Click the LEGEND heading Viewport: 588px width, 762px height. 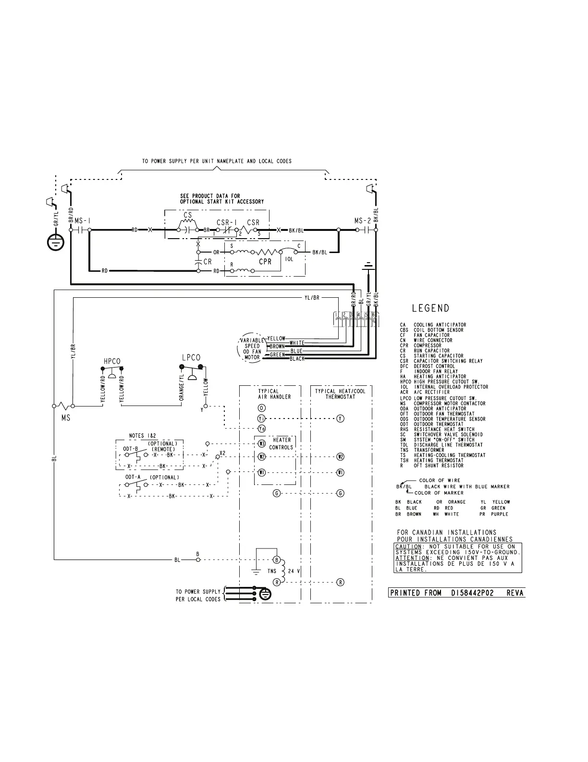coord(430,308)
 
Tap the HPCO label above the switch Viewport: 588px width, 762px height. coord(112,361)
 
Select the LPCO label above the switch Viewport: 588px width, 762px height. coord(191,357)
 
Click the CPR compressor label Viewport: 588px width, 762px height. coord(265,262)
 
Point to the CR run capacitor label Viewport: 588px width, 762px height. coord(208,262)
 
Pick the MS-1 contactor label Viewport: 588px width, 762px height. coord(82,220)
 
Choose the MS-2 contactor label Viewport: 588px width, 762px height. coord(363,220)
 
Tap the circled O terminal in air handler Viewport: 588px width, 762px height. coord(262,408)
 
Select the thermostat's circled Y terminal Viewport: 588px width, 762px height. coord(340,419)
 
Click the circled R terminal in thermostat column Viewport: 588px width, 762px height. coord(340,583)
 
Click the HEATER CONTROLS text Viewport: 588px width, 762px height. coord(282,444)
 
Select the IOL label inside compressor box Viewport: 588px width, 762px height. coord(289,259)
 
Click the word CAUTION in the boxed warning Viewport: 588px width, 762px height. coord(408,546)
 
